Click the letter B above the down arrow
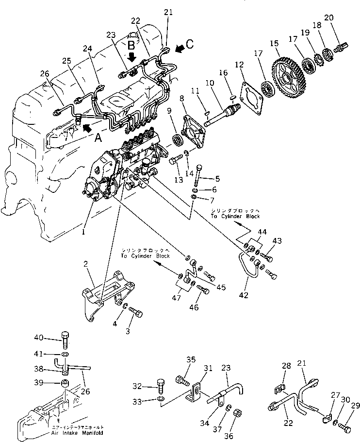(x=131, y=46)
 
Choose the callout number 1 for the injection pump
(x=83, y=233)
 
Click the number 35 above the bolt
(x=191, y=359)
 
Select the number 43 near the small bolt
(x=277, y=240)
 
